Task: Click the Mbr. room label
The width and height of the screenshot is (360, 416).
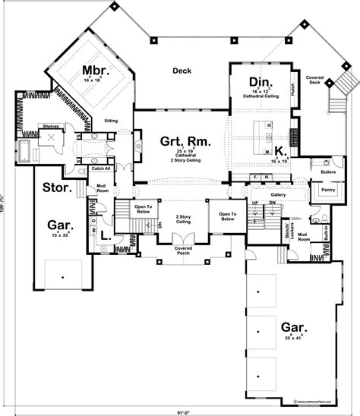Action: pos(96,71)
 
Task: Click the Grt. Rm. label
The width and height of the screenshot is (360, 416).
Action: pos(185,141)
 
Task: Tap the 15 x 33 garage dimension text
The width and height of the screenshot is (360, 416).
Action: pos(62,235)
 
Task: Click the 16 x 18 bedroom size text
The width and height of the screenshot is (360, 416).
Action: pos(96,80)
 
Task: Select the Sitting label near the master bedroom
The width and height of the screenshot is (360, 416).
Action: pos(110,120)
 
